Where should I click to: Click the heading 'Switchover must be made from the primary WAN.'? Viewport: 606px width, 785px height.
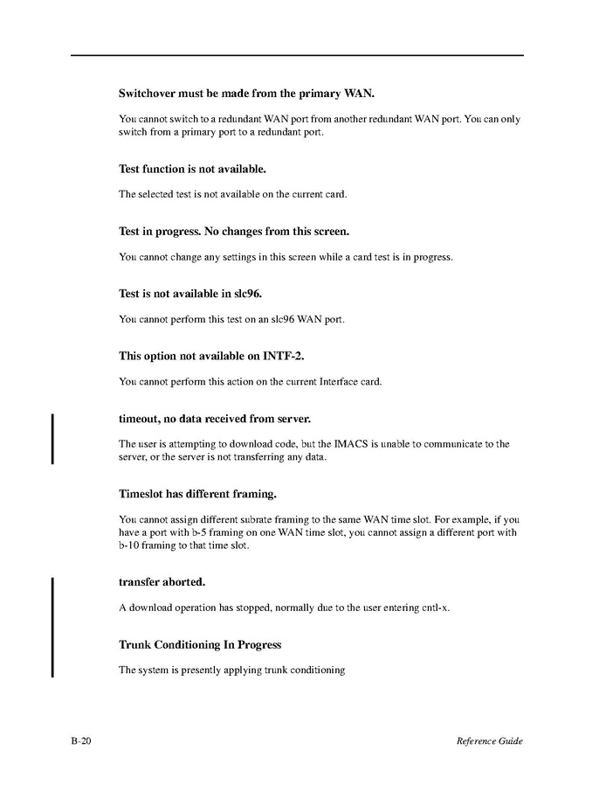point(246,93)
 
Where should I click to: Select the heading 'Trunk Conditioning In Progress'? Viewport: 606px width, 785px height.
point(200,645)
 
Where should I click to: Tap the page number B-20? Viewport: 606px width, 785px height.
point(82,741)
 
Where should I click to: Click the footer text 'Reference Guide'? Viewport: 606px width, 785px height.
point(489,741)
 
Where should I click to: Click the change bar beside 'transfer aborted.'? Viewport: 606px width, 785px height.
point(53,627)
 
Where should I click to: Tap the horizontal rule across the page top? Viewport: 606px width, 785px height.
point(297,55)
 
